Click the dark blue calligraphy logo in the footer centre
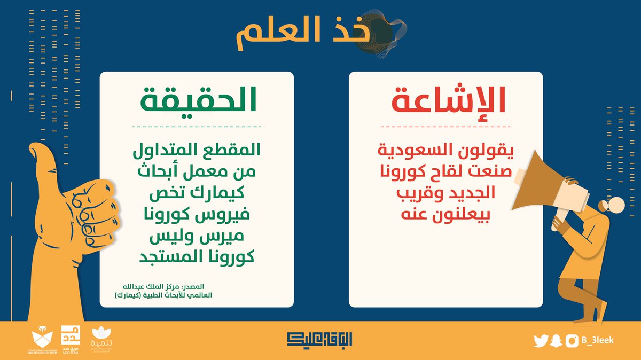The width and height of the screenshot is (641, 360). [x=320, y=339]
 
